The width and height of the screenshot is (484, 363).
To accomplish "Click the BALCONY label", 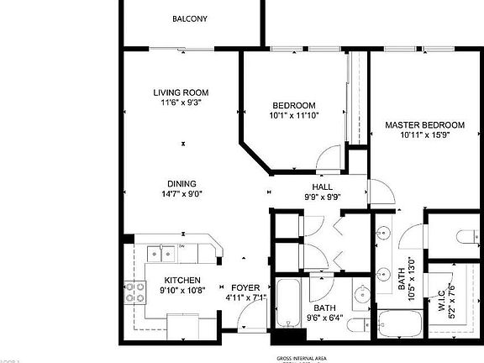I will [189, 18].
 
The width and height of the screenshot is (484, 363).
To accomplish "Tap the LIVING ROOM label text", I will [181, 92].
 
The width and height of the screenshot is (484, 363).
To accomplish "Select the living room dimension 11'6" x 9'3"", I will [181, 103].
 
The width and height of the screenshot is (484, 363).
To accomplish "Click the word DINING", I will [181, 184].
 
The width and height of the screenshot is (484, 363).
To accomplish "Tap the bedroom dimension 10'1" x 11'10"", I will [293, 116].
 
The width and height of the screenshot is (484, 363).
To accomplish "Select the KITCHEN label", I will [181, 281].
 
